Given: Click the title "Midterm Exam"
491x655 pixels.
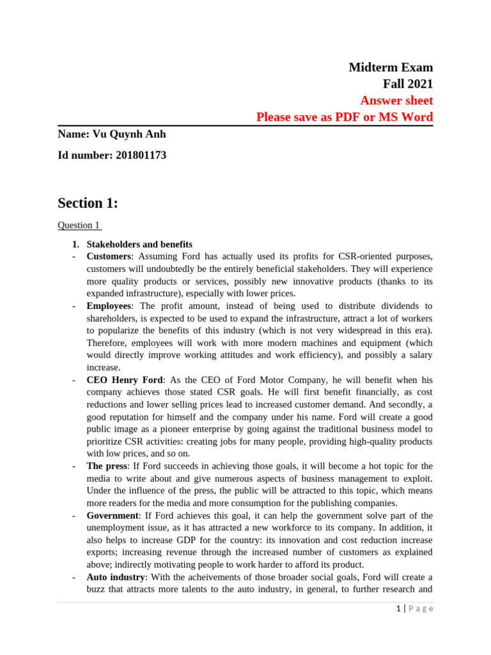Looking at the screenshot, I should (390, 67).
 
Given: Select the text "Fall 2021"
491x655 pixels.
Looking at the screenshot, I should (407, 84).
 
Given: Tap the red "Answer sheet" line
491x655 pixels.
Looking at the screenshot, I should (396, 100).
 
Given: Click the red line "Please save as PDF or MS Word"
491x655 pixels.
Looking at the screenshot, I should (344, 117).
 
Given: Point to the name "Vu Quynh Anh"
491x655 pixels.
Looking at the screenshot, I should (129, 134).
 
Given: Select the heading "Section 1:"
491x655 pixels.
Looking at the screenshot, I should (88, 203).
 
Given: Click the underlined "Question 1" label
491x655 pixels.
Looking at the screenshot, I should (79, 225).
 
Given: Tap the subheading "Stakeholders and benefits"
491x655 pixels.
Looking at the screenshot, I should (139, 244).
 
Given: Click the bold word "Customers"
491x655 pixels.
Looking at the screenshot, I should (109, 256).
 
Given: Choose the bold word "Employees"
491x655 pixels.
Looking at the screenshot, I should (109, 306).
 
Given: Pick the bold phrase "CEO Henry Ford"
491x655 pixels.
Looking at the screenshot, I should (125, 380).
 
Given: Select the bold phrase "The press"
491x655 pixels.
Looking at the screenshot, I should (107, 466).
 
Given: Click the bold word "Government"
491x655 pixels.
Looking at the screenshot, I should (112, 516).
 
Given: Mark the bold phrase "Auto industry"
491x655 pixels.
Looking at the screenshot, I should (115, 577).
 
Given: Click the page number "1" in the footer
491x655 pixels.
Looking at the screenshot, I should (398, 609).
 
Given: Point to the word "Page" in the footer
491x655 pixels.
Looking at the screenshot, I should (420, 609).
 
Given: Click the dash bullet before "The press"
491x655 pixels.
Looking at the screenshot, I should (74, 466).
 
